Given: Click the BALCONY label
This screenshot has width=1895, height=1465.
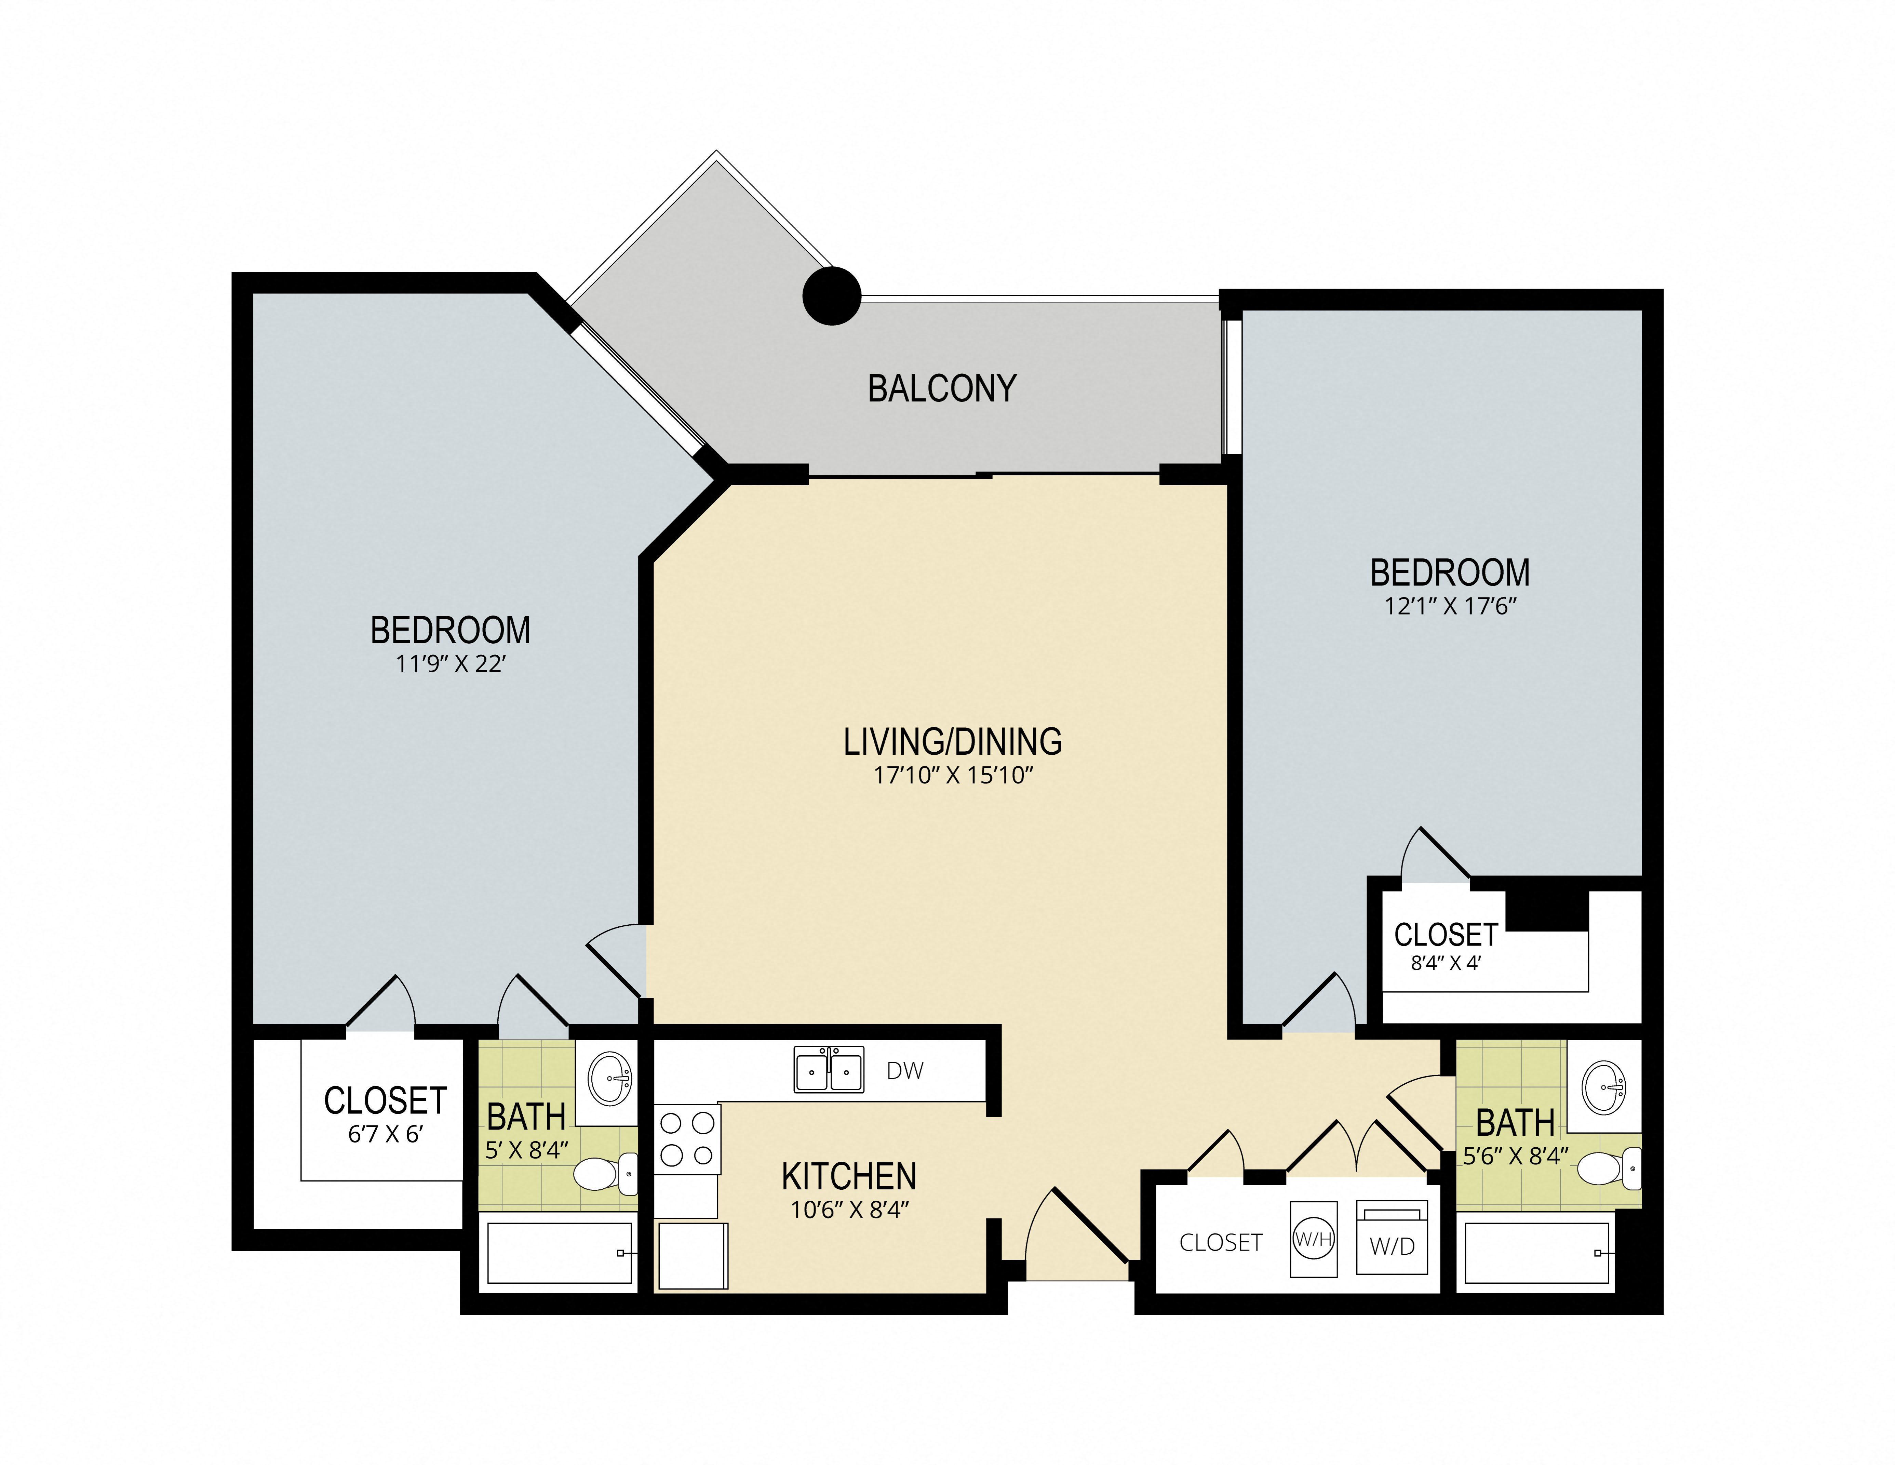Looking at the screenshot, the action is (x=942, y=389).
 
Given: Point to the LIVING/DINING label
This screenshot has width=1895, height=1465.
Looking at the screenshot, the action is (x=953, y=742).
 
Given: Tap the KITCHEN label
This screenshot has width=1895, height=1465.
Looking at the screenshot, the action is (x=849, y=1177).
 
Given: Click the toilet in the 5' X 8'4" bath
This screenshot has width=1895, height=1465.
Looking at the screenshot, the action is (x=605, y=1174).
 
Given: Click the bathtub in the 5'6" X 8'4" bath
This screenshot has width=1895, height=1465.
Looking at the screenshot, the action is (x=1537, y=1252).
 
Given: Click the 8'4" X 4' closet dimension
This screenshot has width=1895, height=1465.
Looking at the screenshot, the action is (x=1446, y=963).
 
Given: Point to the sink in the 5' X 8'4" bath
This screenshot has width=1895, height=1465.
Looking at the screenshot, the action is (x=609, y=1079).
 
